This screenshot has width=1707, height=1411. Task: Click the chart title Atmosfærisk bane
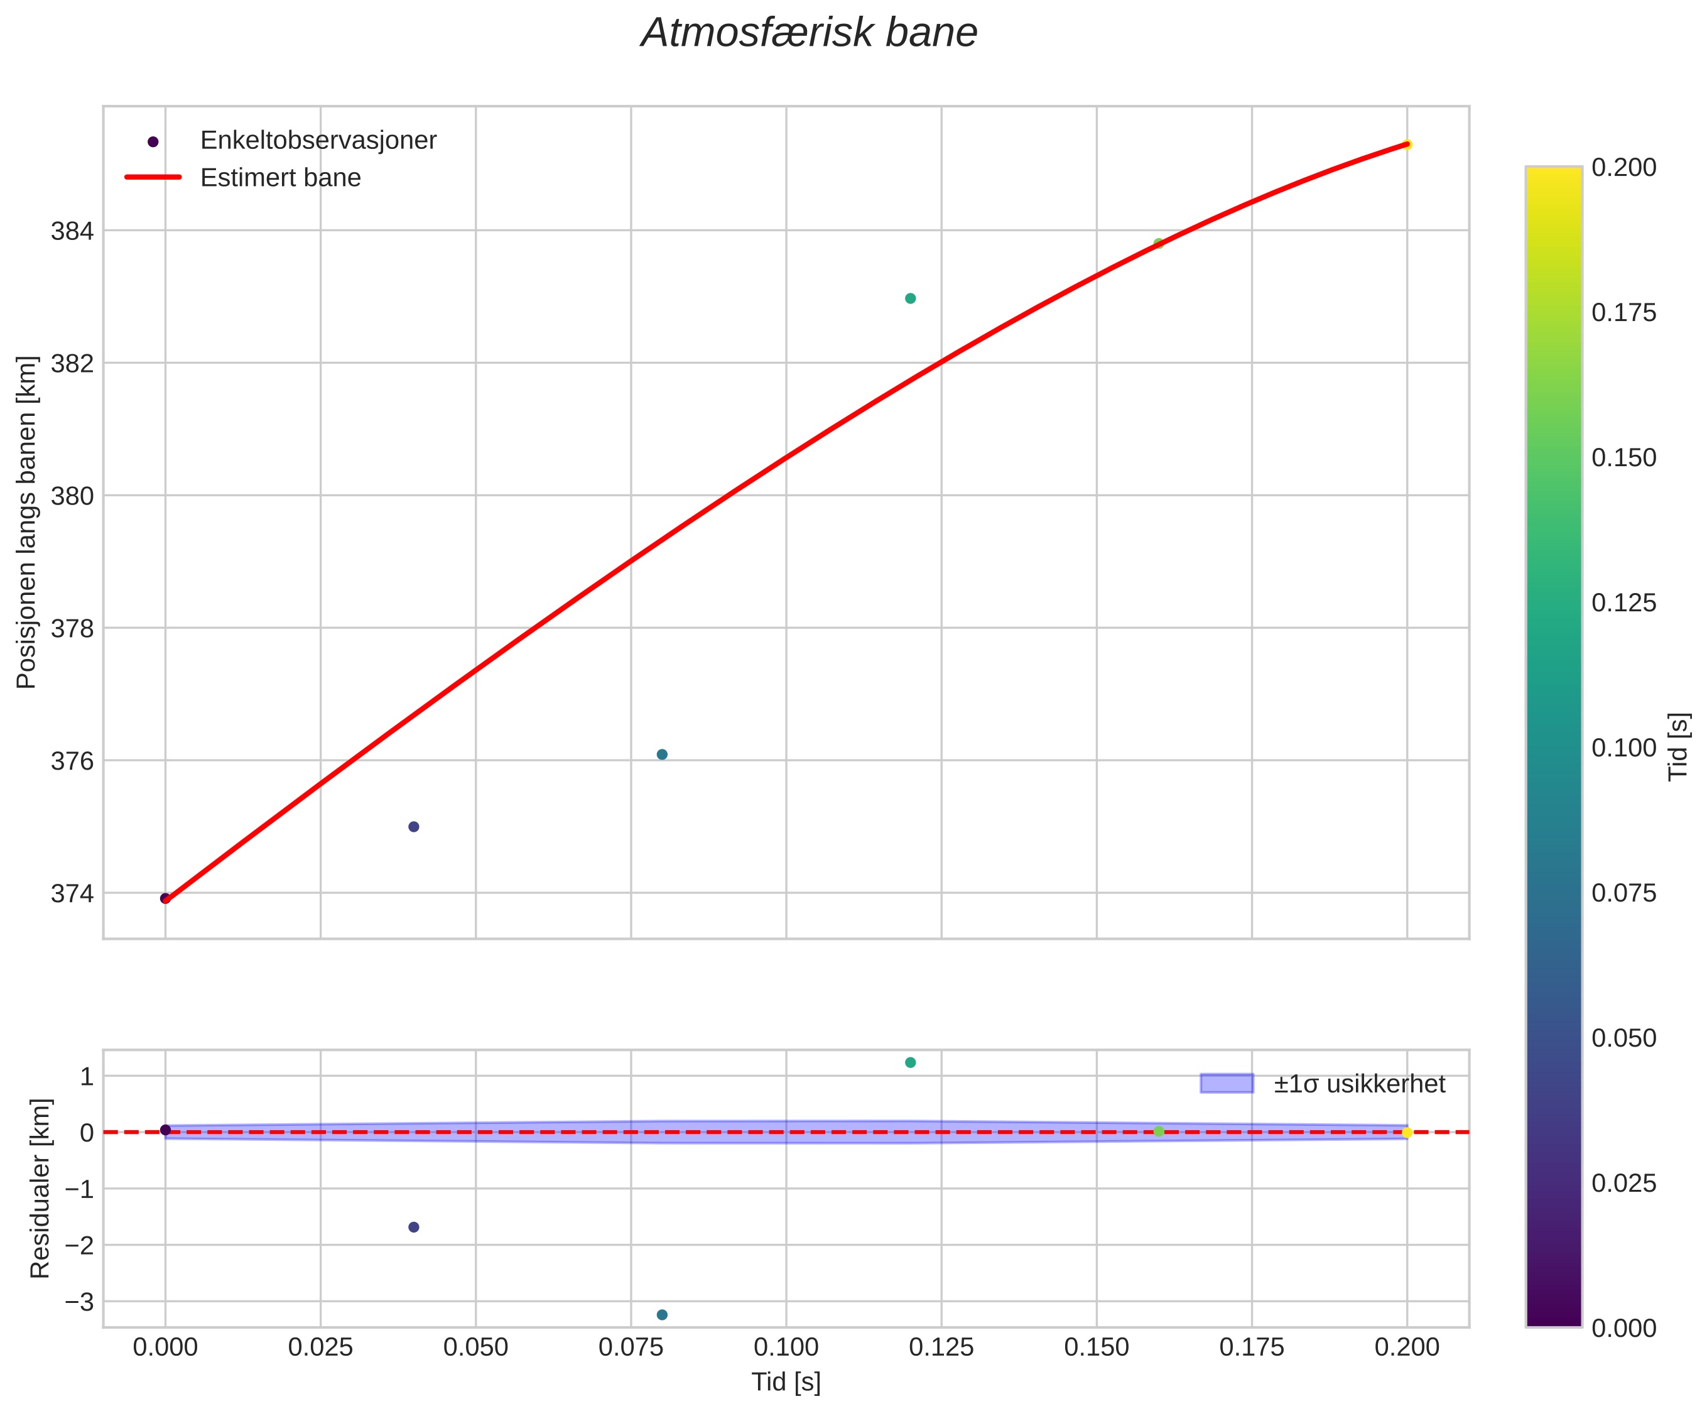point(808,34)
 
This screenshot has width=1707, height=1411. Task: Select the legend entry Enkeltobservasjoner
point(318,141)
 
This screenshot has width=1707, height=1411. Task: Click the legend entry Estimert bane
point(280,177)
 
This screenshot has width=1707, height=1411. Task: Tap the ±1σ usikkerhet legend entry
point(1358,1084)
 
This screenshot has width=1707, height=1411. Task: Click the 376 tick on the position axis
point(72,761)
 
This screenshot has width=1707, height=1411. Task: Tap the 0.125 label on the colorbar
point(1623,603)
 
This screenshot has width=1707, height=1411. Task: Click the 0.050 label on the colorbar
point(1623,1038)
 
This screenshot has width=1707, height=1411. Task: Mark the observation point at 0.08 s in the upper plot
point(662,755)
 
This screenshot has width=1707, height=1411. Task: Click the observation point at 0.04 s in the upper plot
point(413,827)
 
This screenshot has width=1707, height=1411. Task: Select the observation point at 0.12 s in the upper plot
point(910,298)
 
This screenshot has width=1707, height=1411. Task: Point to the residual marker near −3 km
point(662,1315)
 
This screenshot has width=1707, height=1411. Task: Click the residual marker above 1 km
point(910,1062)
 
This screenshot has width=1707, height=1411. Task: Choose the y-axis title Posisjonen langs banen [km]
point(27,522)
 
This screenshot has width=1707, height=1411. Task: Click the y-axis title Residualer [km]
point(40,1189)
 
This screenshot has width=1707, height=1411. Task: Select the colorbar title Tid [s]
point(1679,747)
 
